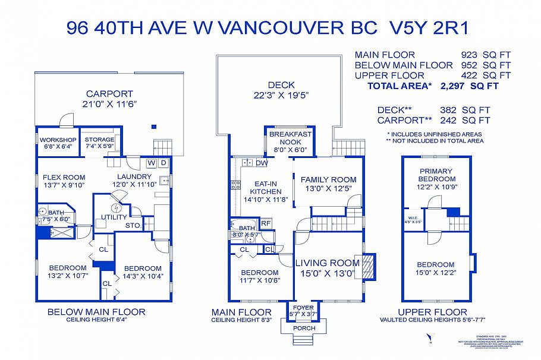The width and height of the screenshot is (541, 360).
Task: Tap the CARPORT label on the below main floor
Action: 109,94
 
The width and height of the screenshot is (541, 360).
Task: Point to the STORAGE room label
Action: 99,140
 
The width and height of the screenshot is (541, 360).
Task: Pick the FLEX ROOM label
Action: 64,177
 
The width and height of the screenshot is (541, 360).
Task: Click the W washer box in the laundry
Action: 151,162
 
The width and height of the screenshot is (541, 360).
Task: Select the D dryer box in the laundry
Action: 163,162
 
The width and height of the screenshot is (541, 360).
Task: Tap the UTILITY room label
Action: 114,217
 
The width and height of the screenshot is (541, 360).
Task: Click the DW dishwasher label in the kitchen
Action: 262,162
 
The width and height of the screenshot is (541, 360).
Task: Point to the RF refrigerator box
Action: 266,223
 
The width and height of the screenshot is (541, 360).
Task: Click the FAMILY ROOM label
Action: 328,179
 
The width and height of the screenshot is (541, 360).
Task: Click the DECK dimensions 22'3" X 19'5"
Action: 281,95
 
